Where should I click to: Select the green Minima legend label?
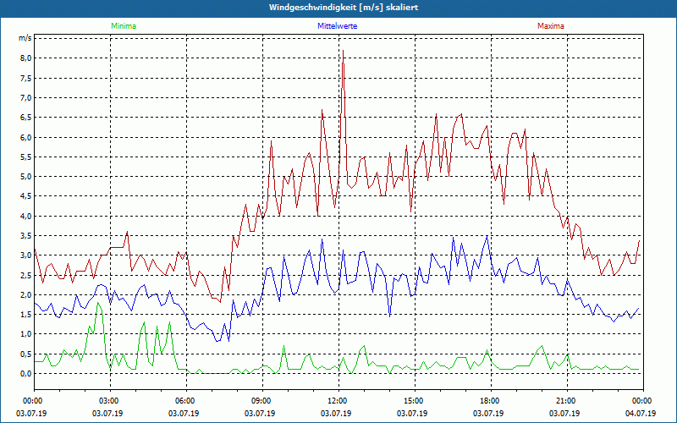click(123, 26)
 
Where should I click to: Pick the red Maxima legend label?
click(550, 26)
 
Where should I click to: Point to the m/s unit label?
click(25, 39)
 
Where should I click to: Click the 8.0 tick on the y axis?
click(25, 58)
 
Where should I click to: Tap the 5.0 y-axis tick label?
click(25, 177)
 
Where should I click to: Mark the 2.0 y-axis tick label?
click(25, 294)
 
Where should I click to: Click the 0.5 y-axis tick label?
click(25, 354)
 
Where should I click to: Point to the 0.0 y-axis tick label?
click(25, 373)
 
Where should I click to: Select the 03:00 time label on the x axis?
click(109, 400)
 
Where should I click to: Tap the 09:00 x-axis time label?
click(261, 400)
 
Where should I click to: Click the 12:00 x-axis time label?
click(337, 400)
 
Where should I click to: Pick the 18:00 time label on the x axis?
click(489, 400)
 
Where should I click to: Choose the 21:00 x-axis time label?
click(565, 400)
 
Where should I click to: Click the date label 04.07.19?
click(641, 414)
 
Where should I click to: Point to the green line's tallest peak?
click(99, 303)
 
